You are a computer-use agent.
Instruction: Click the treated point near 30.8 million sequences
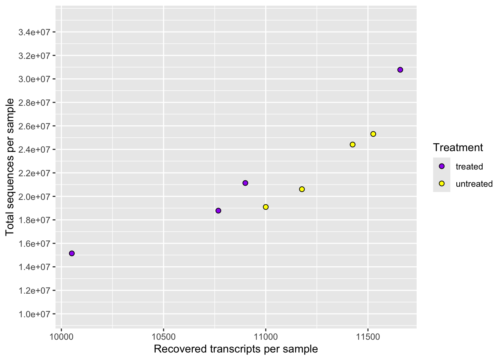[400, 70]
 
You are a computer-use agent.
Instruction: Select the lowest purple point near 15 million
[72, 253]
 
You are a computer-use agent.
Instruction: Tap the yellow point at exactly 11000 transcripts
[266, 207]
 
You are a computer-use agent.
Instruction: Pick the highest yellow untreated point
[373, 134]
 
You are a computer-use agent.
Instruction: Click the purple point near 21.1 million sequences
[245, 183]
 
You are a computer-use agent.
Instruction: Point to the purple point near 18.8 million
[218, 211]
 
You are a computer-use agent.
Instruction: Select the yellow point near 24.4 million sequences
[352, 145]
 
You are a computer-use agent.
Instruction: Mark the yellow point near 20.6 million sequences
[302, 189]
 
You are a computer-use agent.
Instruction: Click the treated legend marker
[442, 166]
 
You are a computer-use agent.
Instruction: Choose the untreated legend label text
[474, 184]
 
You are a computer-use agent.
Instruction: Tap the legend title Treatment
[458, 147]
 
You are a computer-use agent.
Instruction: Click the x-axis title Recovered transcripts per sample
[235, 349]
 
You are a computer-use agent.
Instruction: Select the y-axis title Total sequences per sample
[10, 167]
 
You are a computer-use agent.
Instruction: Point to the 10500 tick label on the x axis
[163, 336]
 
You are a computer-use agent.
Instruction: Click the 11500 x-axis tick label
[368, 336]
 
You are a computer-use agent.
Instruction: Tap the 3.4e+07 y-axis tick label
[34, 32]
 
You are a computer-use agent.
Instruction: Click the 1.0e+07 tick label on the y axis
[34, 314]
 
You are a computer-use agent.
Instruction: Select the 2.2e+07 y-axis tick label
[34, 173]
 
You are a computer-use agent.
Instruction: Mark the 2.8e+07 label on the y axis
[34, 103]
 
